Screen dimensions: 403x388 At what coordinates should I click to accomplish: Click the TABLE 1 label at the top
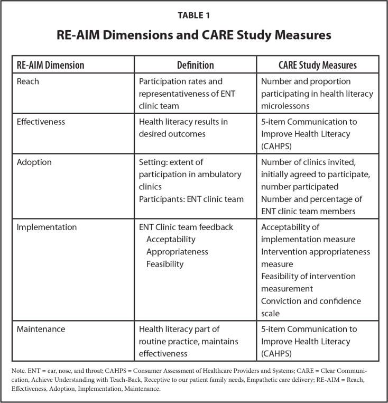(193, 15)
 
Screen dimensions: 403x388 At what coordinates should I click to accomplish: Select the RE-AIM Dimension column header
(51, 66)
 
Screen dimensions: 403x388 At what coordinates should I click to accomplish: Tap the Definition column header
(195, 66)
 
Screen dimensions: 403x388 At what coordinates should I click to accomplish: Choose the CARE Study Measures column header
(318, 66)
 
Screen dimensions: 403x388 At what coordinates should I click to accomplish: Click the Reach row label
(28, 82)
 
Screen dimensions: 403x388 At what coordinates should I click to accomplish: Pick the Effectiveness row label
(41, 122)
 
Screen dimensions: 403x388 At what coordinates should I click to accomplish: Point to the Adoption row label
(34, 163)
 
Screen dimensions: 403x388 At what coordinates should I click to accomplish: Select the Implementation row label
(47, 227)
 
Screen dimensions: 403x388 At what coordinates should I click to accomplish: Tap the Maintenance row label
(41, 329)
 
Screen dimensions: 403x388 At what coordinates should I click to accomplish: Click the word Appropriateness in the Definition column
(177, 252)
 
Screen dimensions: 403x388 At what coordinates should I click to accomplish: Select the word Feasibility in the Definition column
(165, 264)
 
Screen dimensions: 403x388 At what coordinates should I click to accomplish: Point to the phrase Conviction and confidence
(311, 301)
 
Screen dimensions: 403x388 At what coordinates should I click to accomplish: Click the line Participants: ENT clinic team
(191, 199)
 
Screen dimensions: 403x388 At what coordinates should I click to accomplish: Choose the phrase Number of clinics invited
(311, 163)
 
